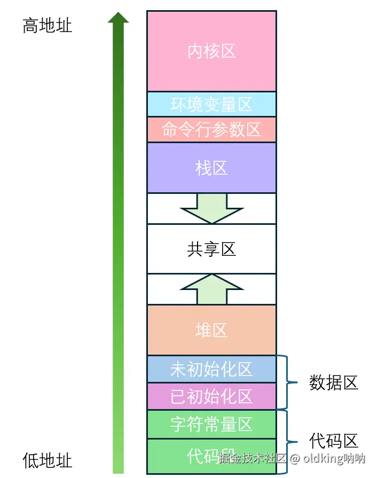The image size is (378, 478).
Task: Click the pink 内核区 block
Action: click(x=211, y=51)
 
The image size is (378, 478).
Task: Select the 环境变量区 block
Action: click(x=211, y=104)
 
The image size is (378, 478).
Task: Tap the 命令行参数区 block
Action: click(x=211, y=130)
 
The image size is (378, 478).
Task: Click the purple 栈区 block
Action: click(x=211, y=168)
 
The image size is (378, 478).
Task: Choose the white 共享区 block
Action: click(x=211, y=249)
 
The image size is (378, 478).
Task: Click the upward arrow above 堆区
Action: click(x=212, y=289)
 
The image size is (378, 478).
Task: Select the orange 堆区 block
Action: click(x=211, y=330)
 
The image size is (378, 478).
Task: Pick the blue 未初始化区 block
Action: click(x=211, y=369)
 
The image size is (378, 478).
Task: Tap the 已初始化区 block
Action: click(x=211, y=396)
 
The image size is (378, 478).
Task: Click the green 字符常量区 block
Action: click(x=211, y=425)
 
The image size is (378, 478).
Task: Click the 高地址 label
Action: click(x=47, y=26)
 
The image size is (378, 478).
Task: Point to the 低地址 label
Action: click(x=47, y=460)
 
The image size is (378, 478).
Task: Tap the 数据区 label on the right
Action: click(x=334, y=382)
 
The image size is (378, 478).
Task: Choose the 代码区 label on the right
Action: click(x=334, y=441)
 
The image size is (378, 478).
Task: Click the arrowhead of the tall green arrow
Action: click(x=118, y=18)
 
